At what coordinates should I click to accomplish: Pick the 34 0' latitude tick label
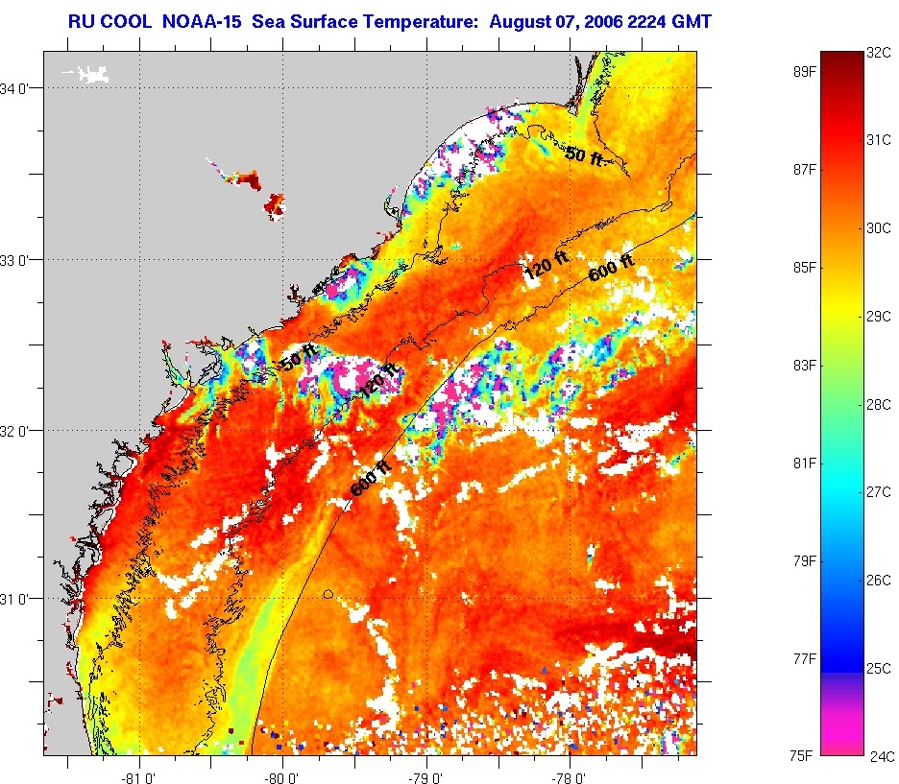point(20,89)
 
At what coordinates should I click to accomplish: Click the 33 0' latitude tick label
point(20,260)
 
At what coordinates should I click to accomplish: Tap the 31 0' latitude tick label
point(20,599)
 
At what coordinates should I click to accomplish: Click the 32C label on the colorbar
point(879,54)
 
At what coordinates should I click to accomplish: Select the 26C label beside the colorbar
point(879,581)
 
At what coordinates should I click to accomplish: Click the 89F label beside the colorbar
point(804,71)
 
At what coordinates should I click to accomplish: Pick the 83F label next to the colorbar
point(804,366)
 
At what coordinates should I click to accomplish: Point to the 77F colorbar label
point(804,659)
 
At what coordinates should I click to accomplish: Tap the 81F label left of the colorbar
point(804,463)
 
